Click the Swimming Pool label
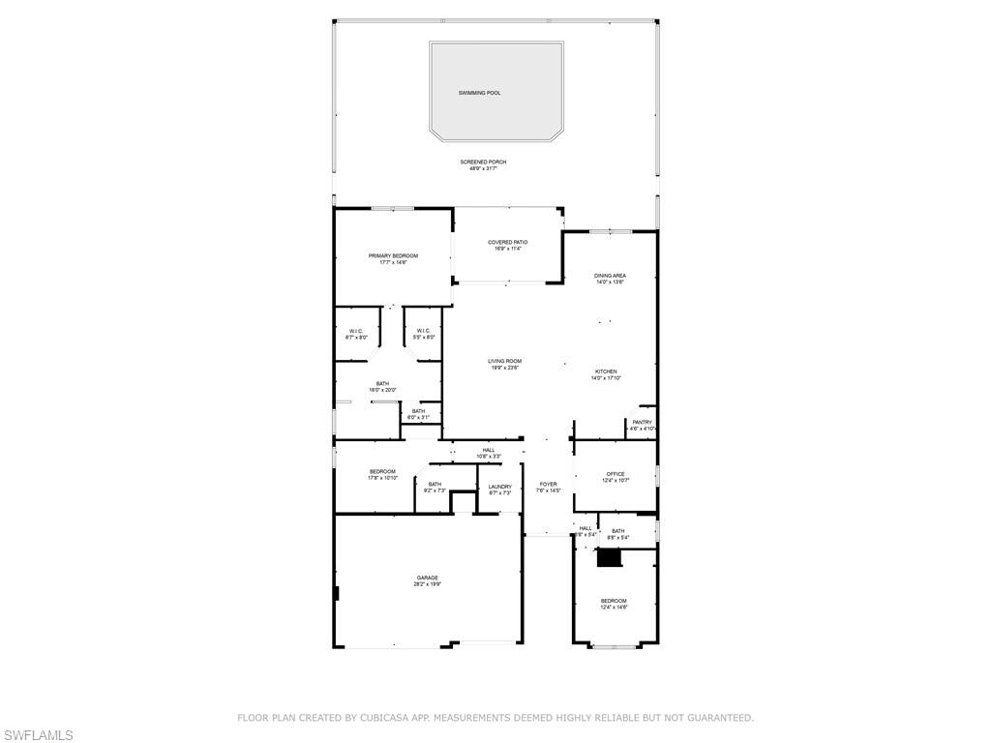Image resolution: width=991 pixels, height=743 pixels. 480,93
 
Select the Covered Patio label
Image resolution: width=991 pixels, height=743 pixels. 508,242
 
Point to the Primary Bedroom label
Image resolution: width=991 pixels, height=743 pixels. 393,255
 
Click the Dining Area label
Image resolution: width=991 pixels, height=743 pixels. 610,276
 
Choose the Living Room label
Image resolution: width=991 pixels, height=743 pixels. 504,361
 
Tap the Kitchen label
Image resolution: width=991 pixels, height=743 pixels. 606,371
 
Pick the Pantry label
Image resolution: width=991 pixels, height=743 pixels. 643,422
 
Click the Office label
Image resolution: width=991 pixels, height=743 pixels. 616,474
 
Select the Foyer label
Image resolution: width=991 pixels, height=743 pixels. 549,484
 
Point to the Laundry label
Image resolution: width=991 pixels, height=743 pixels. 500,487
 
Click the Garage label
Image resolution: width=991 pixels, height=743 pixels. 428,578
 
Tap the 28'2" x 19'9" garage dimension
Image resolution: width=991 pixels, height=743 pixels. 428,584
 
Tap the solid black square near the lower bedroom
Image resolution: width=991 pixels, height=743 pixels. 609,558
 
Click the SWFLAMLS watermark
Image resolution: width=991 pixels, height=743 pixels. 38,736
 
